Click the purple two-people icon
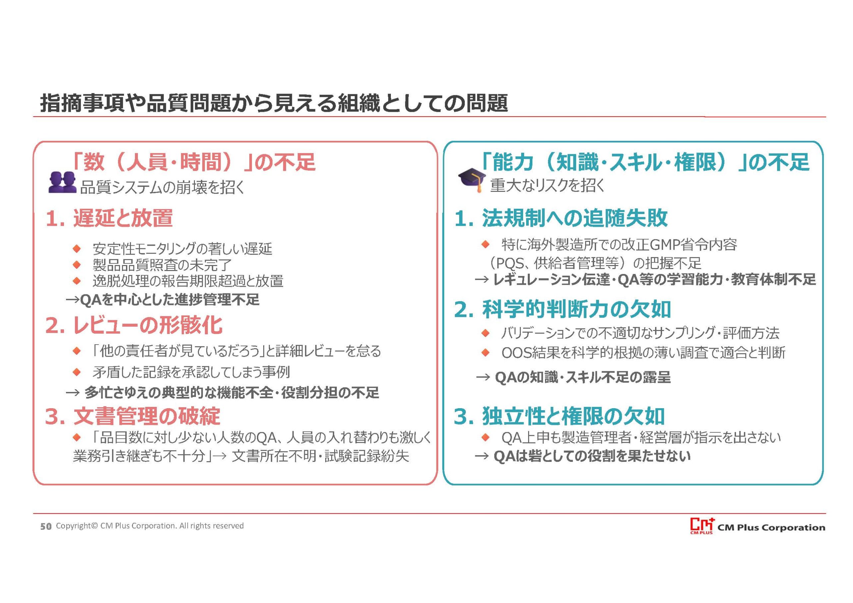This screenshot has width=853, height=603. point(62,182)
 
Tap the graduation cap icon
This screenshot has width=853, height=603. point(472,180)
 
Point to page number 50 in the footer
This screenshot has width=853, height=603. point(46,526)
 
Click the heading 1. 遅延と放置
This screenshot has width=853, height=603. point(109,218)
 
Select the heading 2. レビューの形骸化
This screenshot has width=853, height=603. point(134,325)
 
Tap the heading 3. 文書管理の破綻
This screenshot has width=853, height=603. point(133,416)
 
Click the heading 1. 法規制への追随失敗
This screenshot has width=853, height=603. point(561,218)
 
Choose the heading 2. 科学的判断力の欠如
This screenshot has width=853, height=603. point(562,309)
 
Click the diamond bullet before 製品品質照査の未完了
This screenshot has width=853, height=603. point(77,265)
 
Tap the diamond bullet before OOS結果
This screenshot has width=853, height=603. point(485,352)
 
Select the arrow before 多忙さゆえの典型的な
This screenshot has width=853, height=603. point(73,393)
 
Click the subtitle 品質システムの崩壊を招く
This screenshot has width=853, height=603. point(162,188)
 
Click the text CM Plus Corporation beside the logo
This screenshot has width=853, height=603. point(771,528)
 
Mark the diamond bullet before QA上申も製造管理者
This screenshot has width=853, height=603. point(485,438)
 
